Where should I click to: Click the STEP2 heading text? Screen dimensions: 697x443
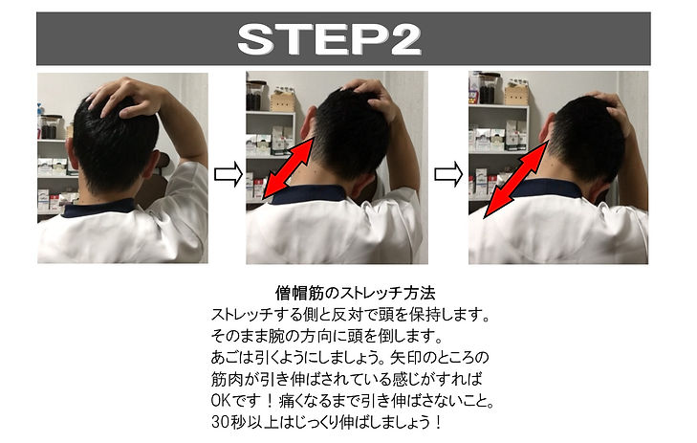[x=330, y=39]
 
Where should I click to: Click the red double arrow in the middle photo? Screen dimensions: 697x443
[x=289, y=168]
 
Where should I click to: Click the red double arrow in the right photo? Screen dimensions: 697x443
[x=515, y=179]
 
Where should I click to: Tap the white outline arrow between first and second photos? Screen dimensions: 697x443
[x=229, y=174]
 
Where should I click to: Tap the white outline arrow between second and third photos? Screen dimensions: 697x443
[x=448, y=174]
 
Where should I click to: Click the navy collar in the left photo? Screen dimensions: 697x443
[x=98, y=208]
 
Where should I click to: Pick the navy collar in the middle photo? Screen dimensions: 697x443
[x=309, y=194]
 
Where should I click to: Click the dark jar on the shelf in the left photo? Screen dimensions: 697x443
[x=49, y=126]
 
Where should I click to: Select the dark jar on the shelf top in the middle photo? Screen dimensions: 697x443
[x=254, y=96]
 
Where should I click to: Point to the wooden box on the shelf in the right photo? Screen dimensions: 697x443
[x=515, y=94]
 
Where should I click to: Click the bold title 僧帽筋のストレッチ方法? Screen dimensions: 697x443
[x=355, y=293]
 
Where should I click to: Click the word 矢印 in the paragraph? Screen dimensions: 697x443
[x=407, y=358]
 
